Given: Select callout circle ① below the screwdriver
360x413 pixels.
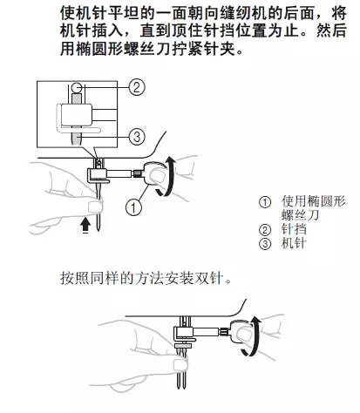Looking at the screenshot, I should coord(132,206).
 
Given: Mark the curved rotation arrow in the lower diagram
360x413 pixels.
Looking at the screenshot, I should coord(253,340).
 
